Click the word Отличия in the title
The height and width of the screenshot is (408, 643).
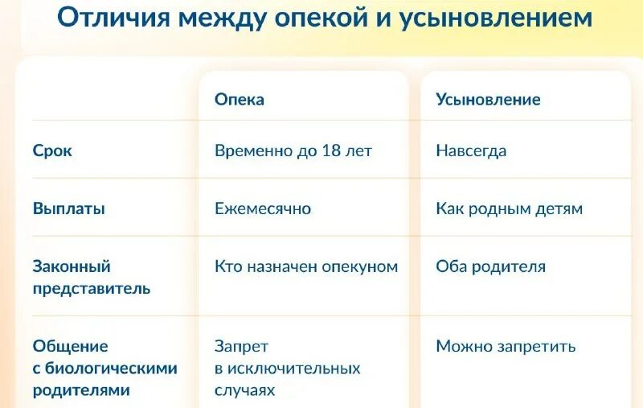(x=109, y=20)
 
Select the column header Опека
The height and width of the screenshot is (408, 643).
(x=240, y=100)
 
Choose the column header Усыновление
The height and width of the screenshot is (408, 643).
(x=488, y=100)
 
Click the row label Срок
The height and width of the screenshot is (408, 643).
(x=52, y=150)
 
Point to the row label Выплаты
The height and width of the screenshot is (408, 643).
(x=69, y=208)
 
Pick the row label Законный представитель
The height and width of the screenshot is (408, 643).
(x=91, y=277)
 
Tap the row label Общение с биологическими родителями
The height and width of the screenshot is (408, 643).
(x=104, y=369)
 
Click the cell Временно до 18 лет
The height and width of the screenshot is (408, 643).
(x=293, y=150)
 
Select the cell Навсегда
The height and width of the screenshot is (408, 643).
(x=471, y=150)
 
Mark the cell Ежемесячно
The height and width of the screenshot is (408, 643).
(x=263, y=208)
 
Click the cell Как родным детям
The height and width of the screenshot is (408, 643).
(x=509, y=208)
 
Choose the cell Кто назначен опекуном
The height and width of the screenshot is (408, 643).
(x=306, y=266)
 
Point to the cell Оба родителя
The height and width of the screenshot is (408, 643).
(x=490, y=266)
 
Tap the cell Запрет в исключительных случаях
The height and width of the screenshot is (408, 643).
(x=287, y=369)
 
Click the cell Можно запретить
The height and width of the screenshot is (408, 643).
(x=506, y=347)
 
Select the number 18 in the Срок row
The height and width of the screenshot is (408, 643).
(x=331, y=150)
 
